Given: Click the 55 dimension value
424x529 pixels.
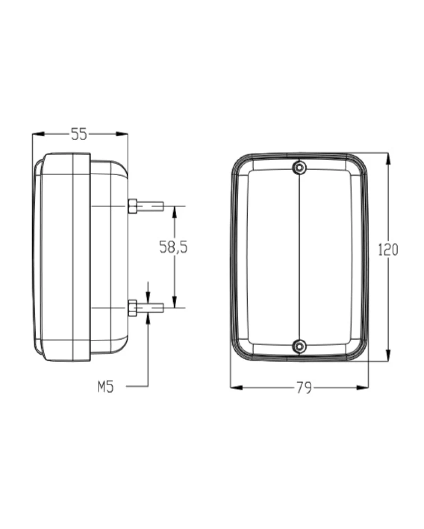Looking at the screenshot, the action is pos(79,134).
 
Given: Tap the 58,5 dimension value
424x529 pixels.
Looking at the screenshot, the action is pos(173,247).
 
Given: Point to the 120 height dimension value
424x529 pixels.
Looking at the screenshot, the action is pos(388,250).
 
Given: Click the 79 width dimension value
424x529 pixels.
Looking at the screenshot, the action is pos(304,388).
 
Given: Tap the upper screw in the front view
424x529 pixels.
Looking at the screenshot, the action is pos(299,168).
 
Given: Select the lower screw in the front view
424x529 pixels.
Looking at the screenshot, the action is pos(299,346).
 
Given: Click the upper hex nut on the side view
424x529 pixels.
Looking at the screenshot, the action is pos(133,206).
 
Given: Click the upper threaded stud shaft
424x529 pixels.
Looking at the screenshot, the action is pos(150,206).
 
